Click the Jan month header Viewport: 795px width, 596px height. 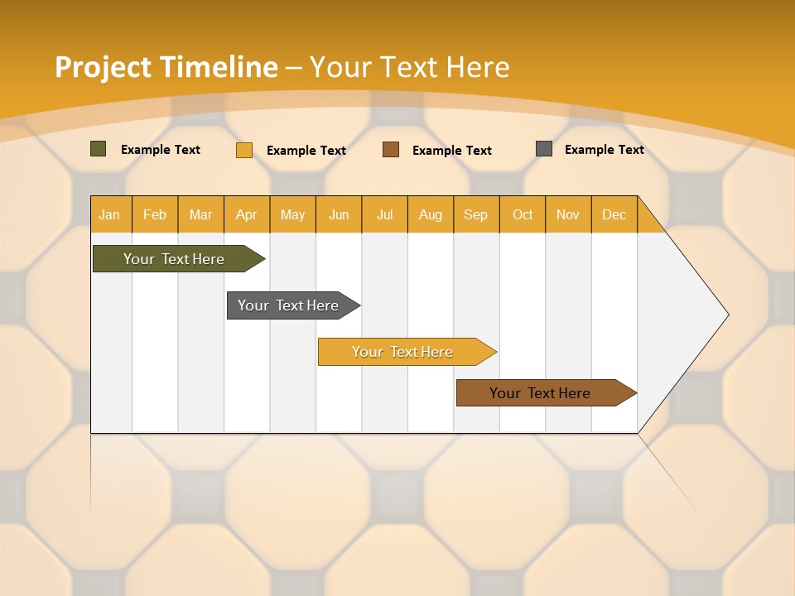tap(110, 214)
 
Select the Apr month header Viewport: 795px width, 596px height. tap(247, 214)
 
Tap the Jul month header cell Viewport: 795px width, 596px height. tap(384, 214)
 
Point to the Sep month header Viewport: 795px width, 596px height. tap(476, 214)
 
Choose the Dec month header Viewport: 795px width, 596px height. tap(614, 214)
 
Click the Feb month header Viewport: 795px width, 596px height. tap(155, 214)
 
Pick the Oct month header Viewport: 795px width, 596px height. tap(523, 214)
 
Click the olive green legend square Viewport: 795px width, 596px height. tap(99, 149)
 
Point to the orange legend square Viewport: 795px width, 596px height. tap(244, 150)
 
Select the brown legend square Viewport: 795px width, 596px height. tap(391, 150)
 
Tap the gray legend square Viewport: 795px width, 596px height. tap(544, 149)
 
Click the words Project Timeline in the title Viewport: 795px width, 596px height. tap(166, 67)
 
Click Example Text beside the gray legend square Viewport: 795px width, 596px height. tap(604, 150)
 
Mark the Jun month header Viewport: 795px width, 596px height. tap(339, 214)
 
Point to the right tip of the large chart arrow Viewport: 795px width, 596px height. tap(726, 315)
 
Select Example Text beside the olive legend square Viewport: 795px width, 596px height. tap(161, 150)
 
